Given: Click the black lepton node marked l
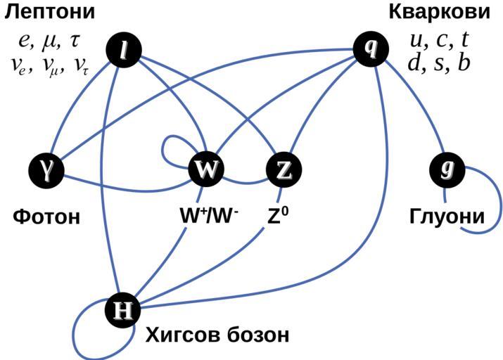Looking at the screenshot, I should tap(123, 51).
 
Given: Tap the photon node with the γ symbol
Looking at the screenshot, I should tap(47, 169).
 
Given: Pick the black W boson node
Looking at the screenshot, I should tap(206, 169).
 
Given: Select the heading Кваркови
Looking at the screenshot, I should tap(439, 12).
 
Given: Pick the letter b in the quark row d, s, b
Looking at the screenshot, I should tap(464, 63).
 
